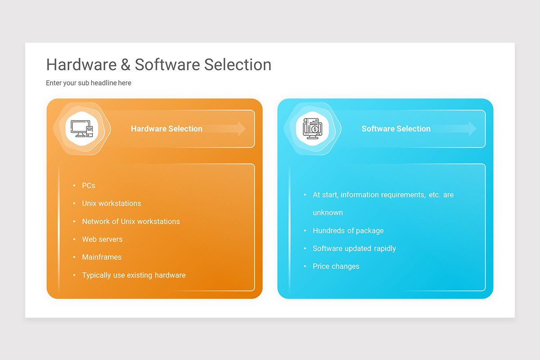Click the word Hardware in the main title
[x=81, y=65]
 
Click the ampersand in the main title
[x=126, y=65]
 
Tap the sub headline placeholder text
[x=89, y=83]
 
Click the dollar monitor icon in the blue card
[x=312, y=129]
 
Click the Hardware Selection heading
[x=166, y=129]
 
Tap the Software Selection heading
[x=396, y=129]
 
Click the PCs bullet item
[x=89, y=185]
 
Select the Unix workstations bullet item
[x=112, y=203]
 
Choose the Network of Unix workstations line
[x=131, y=221]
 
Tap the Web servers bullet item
[x=102, y=239]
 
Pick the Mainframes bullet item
[x=102, y=257]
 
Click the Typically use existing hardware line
[x=134, y=275]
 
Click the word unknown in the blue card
[x=328, y=212]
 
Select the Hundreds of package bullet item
[x=348, y=230]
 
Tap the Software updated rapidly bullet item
[x=354, y=248]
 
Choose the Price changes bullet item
[x=336, y=266]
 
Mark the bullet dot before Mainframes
[x=74, y=257]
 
